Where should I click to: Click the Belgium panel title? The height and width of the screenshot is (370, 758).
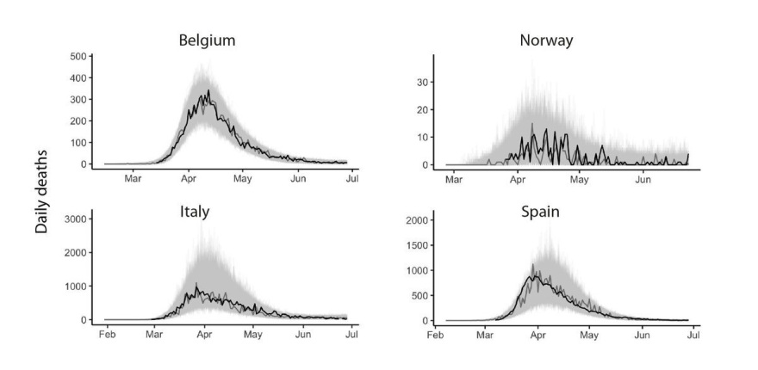point(207,40)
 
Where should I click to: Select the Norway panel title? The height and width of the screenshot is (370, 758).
point(546,40)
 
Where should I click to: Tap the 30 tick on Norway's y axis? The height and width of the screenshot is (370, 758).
point(423,82)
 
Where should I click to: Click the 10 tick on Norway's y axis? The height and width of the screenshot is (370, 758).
point(423,137)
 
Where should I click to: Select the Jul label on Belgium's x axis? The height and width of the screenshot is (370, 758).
point(351,179)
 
